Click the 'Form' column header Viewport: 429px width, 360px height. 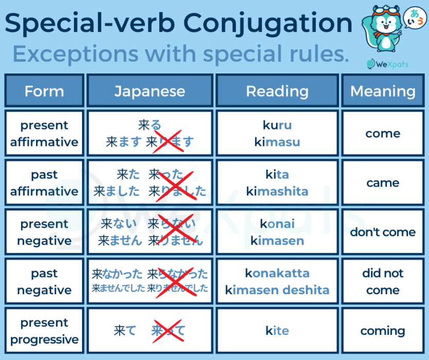click(x=44, y=91)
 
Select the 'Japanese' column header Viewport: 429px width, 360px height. click(x=150, y=91)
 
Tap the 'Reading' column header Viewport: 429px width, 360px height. click(x=277, y=91)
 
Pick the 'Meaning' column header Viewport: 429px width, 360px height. click(x=383, y=91)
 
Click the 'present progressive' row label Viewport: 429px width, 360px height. click(x=44, y=331)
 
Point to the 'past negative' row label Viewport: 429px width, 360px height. click(x=44, y=281)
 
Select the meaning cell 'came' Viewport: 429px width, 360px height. click(x=383, y=183)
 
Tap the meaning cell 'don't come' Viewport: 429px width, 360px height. click(x=383, y=232)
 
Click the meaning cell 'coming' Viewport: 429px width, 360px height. click(x=383, y=331)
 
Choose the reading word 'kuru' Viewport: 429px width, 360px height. click(x=277, y=125)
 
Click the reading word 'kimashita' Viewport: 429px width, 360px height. click(x=277, y=191)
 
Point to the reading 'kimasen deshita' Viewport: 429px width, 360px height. click(x=277, y=290)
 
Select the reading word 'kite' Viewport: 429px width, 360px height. click(x=277, y=331)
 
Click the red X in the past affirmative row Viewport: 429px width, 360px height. click(x=177, y=184)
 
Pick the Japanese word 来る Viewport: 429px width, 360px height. click(x=150, y=125)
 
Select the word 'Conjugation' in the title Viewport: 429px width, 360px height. click(x=268, y=23)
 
